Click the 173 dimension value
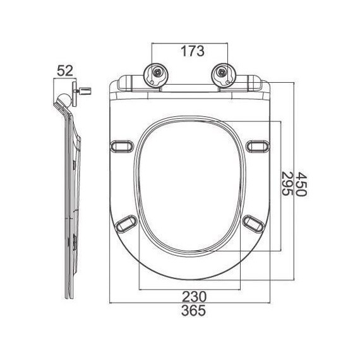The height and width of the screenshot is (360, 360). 189,51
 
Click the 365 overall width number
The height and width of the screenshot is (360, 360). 189,310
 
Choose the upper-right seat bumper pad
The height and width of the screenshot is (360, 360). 257,146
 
